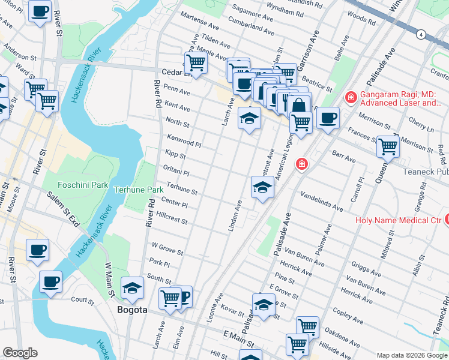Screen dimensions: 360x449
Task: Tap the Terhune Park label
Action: [x=138, y=189]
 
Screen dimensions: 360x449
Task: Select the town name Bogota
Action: [x=131, y=310]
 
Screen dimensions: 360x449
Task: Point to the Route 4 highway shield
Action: [x=423, y=34]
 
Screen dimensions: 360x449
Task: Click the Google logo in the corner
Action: [x=20, y=353]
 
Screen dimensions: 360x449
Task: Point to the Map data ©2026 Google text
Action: [x=411, y=355]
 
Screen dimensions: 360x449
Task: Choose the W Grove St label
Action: [x=167, y=249]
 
